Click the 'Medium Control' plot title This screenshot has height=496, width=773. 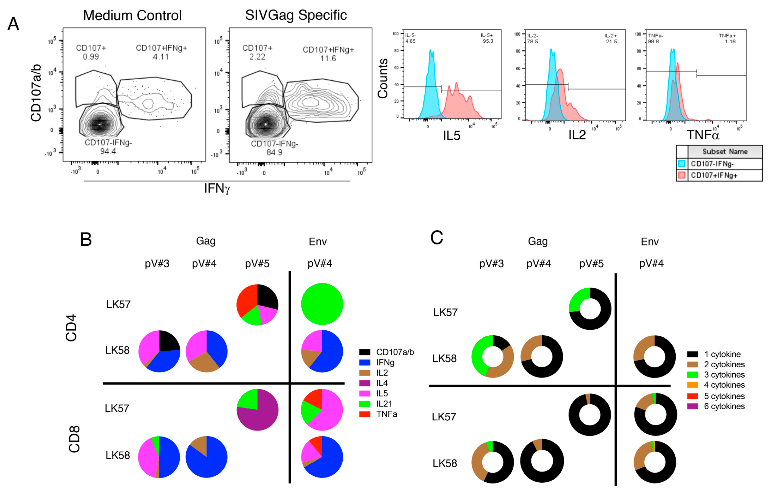coord(132,16)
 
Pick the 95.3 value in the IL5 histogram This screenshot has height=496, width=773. coord(488,41)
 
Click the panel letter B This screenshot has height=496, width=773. coord(86,240)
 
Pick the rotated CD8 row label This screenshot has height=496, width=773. coord(74,439)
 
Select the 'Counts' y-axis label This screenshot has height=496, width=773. coord(383,78)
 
